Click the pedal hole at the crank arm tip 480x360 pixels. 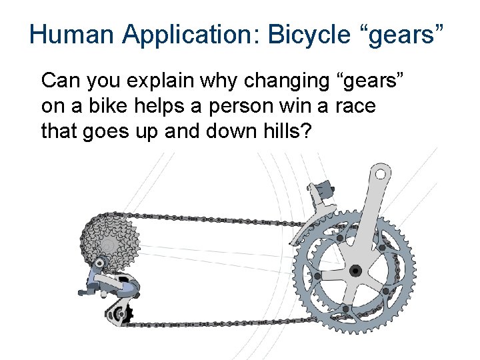381,175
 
